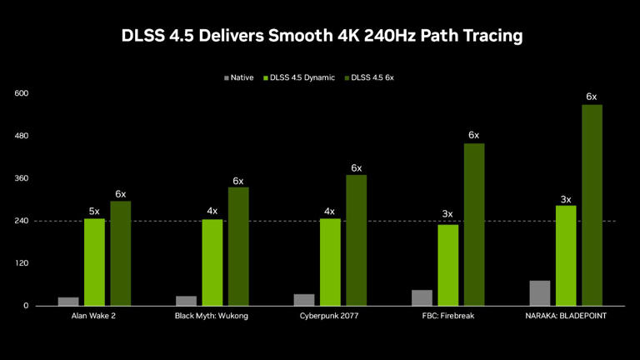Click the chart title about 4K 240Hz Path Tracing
pos(320,36)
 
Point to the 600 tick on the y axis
pos(22,93)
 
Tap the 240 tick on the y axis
pos(22,221)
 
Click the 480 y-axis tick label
pos(22,136)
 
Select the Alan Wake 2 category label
pos(94,317)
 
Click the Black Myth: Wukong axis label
pos(212,317)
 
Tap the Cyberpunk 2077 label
pos(330,317)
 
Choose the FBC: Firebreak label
pos(447,317)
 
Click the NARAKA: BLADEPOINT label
pos(565,317)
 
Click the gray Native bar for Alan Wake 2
pos(68,302)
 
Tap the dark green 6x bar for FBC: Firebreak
pos(474,224)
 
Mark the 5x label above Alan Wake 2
pos(94,211)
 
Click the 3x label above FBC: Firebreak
pos(447,214)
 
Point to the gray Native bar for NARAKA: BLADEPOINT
pos(539,293)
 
